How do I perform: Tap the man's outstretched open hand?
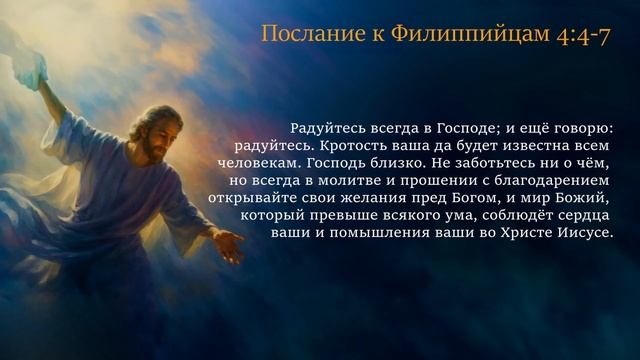227,245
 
